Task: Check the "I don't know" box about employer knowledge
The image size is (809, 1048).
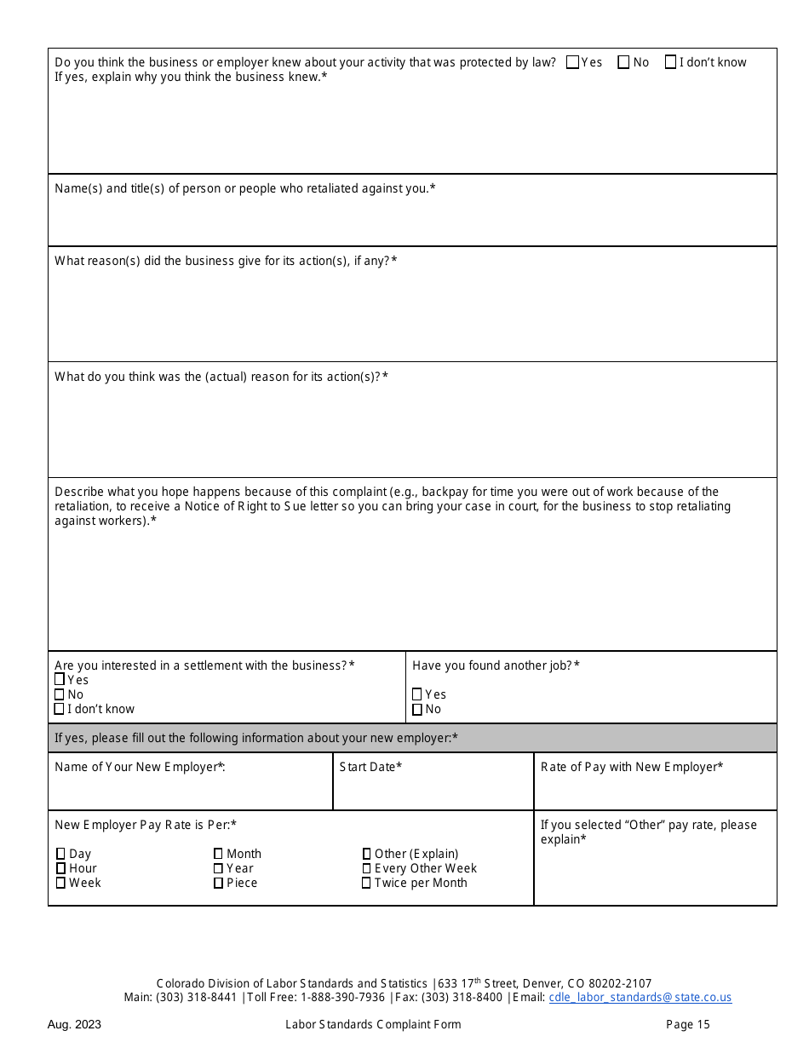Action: (671, 62)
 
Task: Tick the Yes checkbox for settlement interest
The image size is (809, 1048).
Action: (60, 680)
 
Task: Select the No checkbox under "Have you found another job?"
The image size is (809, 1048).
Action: (417, 709)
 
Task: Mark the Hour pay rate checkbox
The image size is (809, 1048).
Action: (61, 868)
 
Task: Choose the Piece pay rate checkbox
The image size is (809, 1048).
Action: (219, 883)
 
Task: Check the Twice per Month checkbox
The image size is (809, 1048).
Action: (366, 883)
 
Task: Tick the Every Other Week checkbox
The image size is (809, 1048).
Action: (366, 868)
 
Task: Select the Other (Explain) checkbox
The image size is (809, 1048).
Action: (366, 854)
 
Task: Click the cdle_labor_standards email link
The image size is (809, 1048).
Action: (640, 997)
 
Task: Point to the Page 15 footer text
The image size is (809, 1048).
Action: (687, 1024)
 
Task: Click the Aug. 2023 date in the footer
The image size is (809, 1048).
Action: (74, 1024)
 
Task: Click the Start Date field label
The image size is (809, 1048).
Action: (370, 767)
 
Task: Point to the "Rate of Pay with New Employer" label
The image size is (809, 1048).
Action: (632, 767)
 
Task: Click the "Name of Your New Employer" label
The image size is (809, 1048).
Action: (140, 767)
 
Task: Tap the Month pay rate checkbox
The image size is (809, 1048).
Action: (219, 854)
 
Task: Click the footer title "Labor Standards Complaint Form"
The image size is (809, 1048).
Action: (373, 1024)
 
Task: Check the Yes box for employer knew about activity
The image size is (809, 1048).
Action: (572, 62)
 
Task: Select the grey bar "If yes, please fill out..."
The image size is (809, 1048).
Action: (412, 738)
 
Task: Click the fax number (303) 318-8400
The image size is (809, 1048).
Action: (462, 997)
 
